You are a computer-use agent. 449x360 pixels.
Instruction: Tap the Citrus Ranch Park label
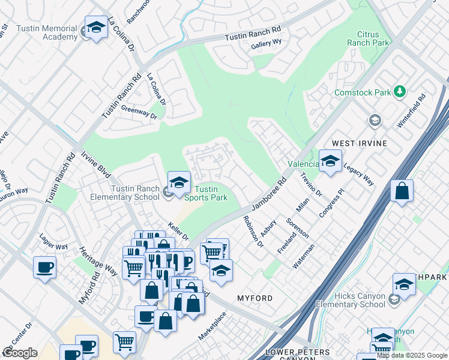coord(369,38)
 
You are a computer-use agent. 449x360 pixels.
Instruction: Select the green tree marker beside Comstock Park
coord(399,91)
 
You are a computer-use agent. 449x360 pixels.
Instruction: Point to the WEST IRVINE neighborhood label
coord(360,144)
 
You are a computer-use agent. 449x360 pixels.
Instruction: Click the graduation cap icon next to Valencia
coord(330,161)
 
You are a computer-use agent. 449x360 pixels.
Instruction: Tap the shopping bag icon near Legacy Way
coord(402,192)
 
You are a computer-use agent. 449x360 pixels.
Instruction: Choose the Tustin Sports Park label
coord(200,194)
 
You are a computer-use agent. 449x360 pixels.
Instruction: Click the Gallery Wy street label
coord(267,43)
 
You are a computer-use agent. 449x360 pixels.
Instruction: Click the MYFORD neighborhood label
coord(255,298)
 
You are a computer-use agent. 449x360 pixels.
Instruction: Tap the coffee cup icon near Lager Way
coord(45,267)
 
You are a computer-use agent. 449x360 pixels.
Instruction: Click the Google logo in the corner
coord(20,353)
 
